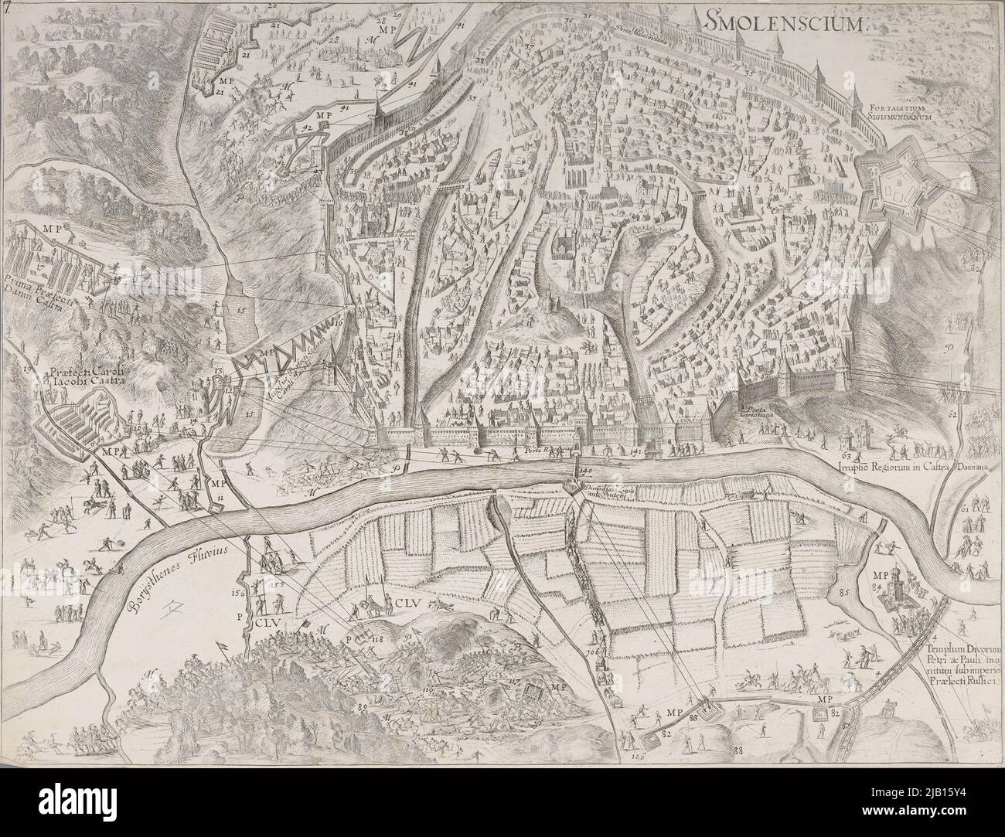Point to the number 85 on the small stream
point(843,594)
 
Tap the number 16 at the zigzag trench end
point(338,317)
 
